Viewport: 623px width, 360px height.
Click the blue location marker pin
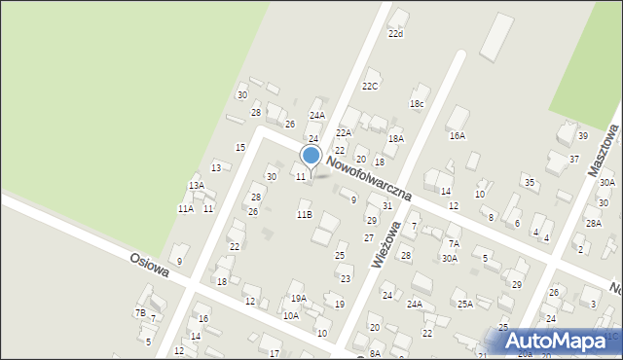[x=311, y=158]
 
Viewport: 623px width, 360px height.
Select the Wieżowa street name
[x=386, y=244]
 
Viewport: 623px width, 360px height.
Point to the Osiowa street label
[x=150, y=266]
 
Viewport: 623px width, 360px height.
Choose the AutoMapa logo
[x=555, y=342]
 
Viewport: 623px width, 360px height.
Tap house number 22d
[x=394, y=34]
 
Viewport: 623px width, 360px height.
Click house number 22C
[x=370, y=86]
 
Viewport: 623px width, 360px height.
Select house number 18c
[x=417, y=104]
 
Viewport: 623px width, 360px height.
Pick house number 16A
[x=457, y=136]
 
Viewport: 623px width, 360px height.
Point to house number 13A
[x=197, y=185]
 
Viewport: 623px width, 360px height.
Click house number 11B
[x=304, y=214]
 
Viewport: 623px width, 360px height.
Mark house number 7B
[x=140, y=312]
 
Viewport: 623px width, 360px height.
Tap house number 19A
[x=298, y=299]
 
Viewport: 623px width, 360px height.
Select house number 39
[x=582, y=136]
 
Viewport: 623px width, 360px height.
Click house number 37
[x=574, y=159]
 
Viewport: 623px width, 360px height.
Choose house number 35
[x=529, y=182]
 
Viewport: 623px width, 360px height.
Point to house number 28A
[x=593, y=223]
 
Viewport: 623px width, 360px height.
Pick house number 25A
[x=465, y=305]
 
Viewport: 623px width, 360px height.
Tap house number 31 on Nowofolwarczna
[x=386, y=205]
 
